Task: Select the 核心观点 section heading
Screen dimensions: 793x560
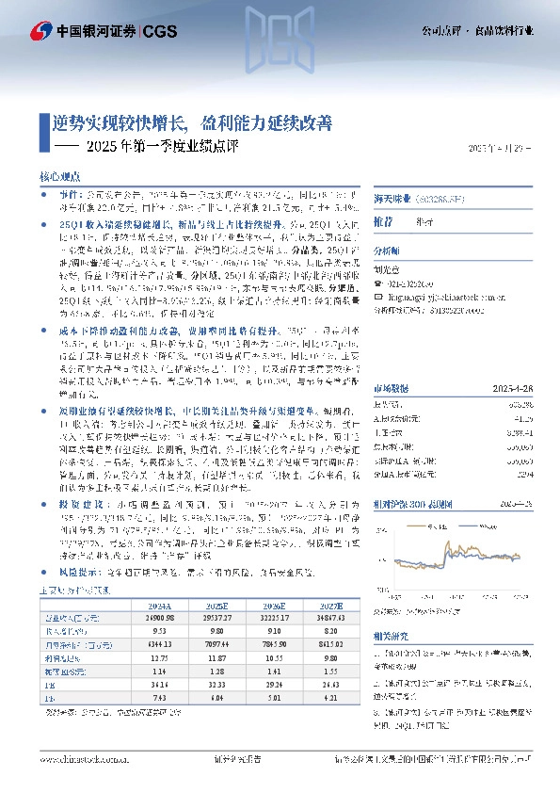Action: point(59,176)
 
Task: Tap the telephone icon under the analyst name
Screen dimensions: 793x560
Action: point(381,282)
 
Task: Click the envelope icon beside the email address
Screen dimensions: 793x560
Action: point(381,294)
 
